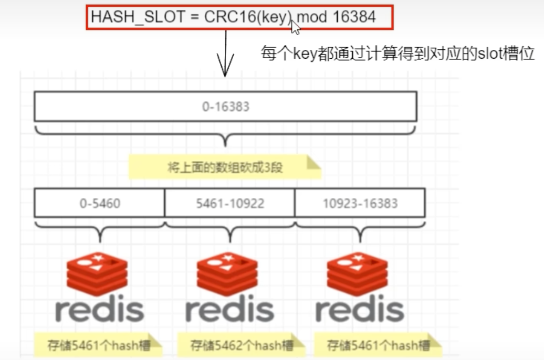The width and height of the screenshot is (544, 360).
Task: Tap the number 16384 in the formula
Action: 354,17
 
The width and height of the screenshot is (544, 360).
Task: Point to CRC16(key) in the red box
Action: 247,17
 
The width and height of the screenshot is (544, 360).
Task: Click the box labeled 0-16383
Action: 225,107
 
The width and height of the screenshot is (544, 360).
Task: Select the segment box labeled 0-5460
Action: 99,203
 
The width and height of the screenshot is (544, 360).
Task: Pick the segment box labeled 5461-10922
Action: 229,203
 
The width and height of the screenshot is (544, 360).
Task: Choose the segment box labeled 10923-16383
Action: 360,203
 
